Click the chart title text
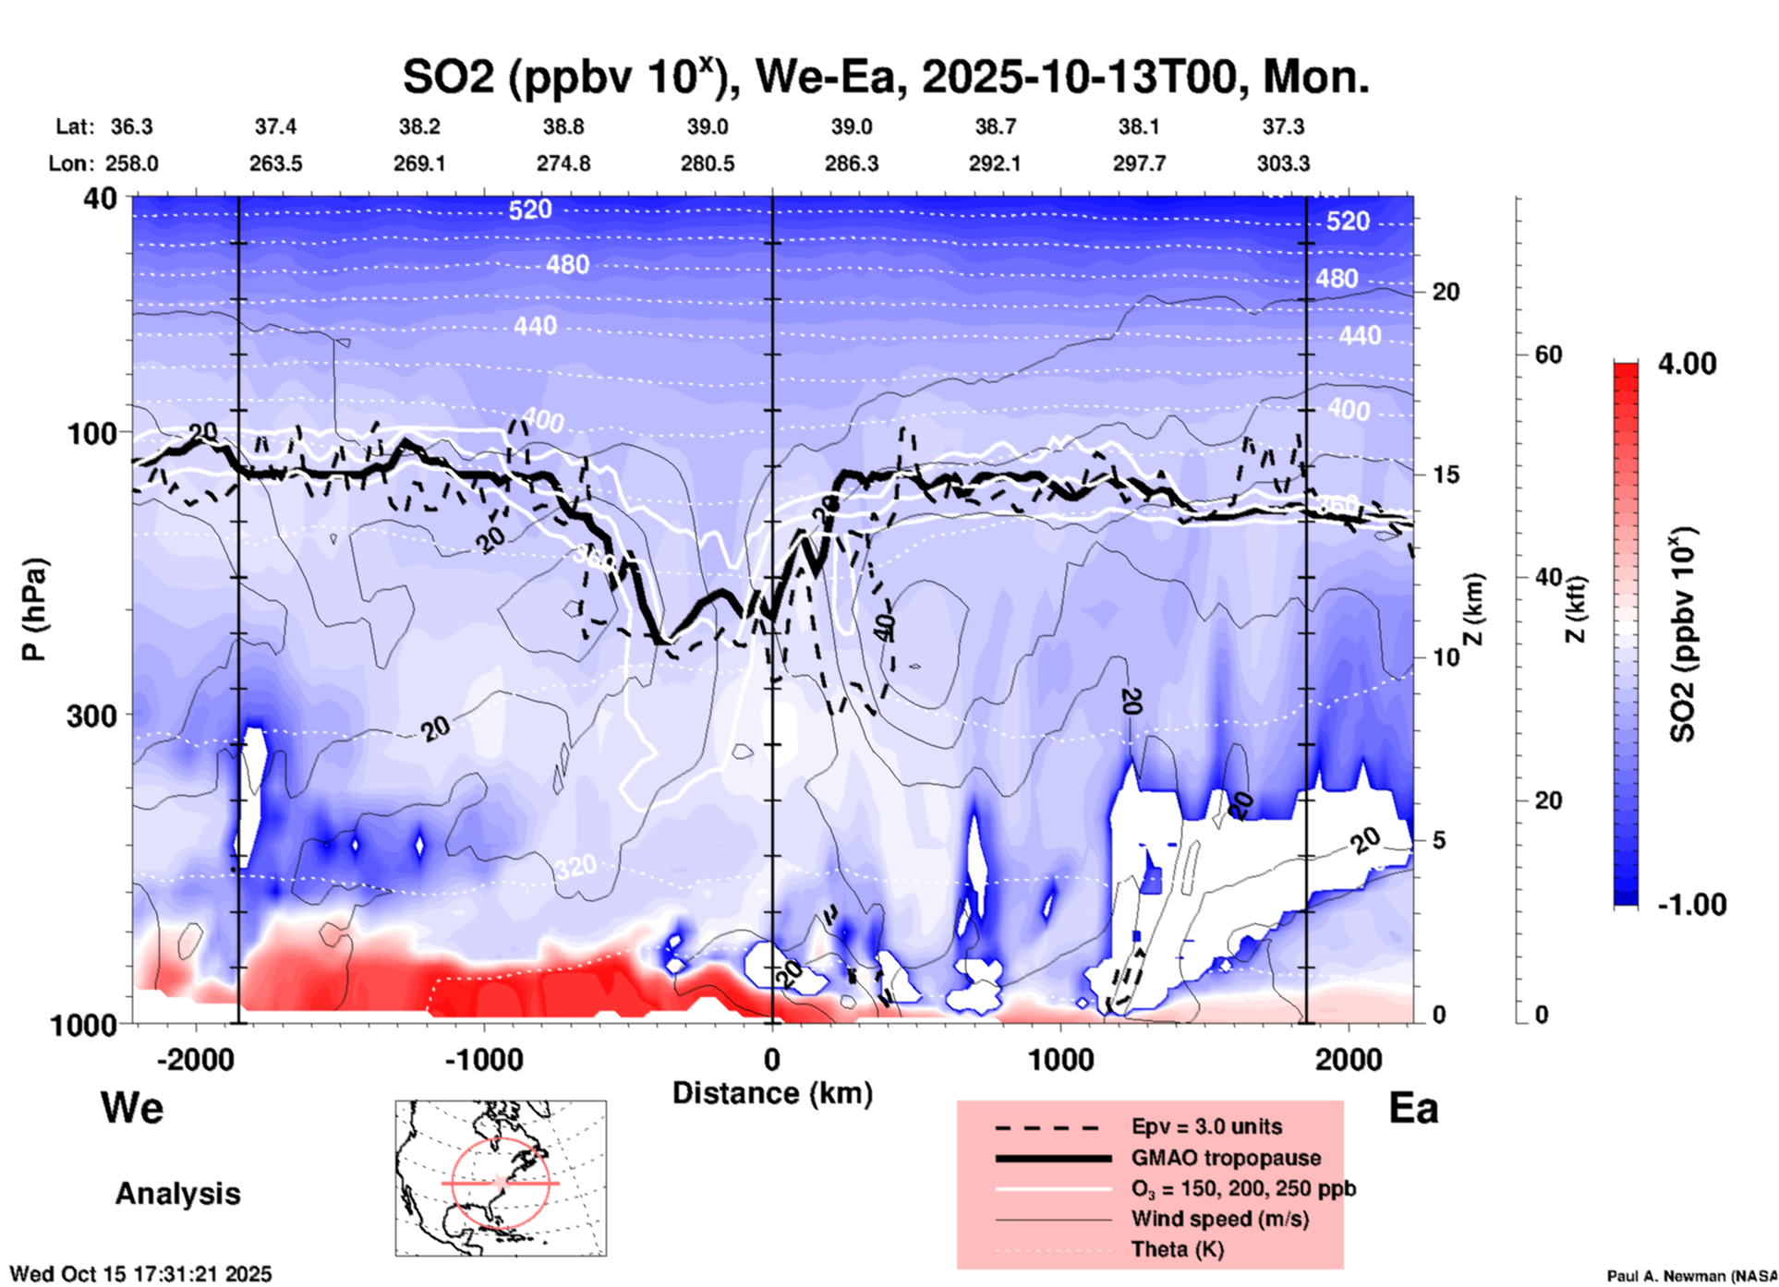(x=885, y=77)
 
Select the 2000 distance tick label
(x=1349, y=1059)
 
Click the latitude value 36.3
(x=131, y=126)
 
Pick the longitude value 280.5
(x=708, y=163)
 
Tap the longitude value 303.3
(x=1283, y=163)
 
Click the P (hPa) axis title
(x=34, y=609)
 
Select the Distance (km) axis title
(x=772, y=1093)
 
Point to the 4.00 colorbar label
(x=1687, y=364)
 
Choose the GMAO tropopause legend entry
(x=1226, y=1158)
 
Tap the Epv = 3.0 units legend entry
(x=1206, y=1126)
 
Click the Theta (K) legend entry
(x=1177, y=1249)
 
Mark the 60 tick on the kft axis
(x=1548, y=355)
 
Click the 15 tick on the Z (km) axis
(x=1446, y=475)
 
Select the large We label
(x=132, y=1107)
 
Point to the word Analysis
(x=177, y=1194)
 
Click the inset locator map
(x=501, y=1178)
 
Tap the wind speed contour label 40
(x=884, y=626)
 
